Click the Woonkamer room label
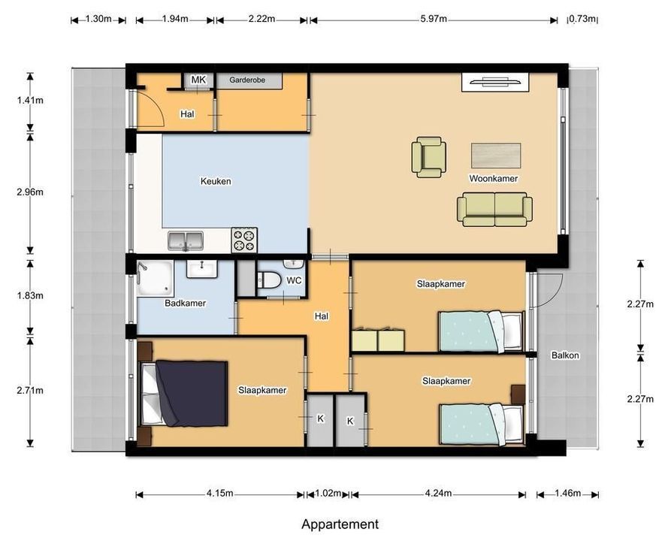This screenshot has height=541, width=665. pos(493,178)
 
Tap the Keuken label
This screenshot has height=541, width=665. pos(216,181)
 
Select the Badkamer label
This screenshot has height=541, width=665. pos(185,304)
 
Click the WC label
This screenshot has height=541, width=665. pos(295,280)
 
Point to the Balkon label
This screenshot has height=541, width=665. pos(564,355)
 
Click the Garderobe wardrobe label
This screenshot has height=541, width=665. pos(249,80)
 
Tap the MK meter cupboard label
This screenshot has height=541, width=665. pos(198,80)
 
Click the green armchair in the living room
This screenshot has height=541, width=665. pos(428,157)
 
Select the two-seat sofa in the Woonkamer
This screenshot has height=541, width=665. pos(494,209)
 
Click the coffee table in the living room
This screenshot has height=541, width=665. pos(496,156)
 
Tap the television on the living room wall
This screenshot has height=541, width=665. pos(491,81)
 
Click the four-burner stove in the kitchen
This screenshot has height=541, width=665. pos(244,240)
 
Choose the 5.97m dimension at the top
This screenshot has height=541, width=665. pos(434,19)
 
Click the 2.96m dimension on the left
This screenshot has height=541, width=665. pos(31,192)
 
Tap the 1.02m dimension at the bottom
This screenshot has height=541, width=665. pos(328,494)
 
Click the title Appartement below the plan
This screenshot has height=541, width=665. pos(340,524)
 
